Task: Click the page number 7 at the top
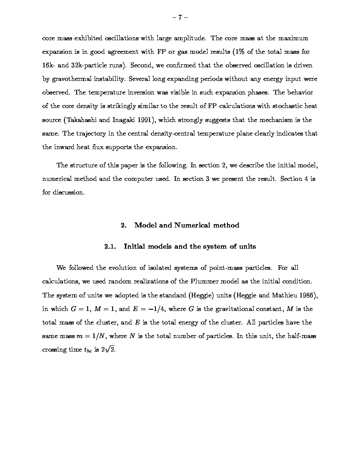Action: point(180,17)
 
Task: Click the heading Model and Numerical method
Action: point(186,225)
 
